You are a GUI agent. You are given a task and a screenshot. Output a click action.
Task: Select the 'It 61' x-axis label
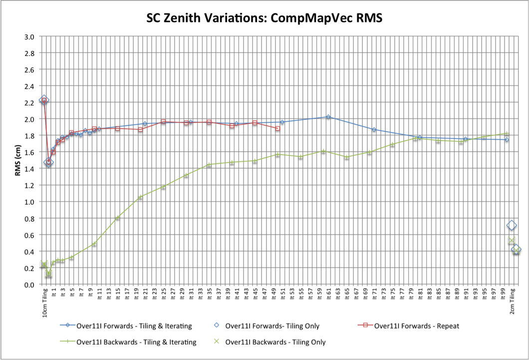pyautogui.click(x=328, y=295)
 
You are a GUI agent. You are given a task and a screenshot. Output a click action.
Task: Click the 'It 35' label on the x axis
pyautogui.click(x=209, y=295)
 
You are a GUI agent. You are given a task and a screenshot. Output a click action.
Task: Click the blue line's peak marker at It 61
pyautogui.click(x=328, y=117)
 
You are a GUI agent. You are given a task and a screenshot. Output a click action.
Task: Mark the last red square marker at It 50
pyautogui.click(x=277, y=128)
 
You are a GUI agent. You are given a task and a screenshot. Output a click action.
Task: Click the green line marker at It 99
pyautogui.click(x=507, y=133)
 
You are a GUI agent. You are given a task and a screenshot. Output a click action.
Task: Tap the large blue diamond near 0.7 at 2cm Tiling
pyautogui.click(x=512, y=226)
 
